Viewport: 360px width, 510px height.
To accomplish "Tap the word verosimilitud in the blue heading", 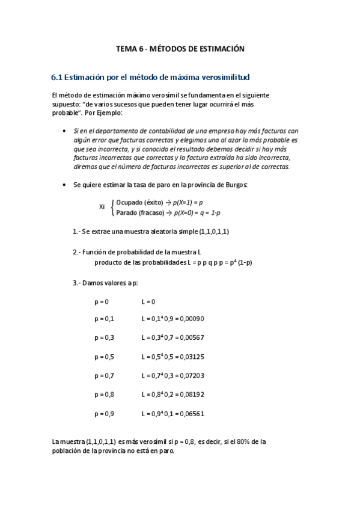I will (224, 78).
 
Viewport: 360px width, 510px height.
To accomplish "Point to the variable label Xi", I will (102, 206).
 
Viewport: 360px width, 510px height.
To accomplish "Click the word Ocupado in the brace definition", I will (129, 202).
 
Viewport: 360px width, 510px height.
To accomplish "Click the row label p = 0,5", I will (104, 357).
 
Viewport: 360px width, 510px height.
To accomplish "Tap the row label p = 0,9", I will (104, 414).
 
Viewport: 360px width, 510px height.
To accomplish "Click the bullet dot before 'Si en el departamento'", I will (64, 131).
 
